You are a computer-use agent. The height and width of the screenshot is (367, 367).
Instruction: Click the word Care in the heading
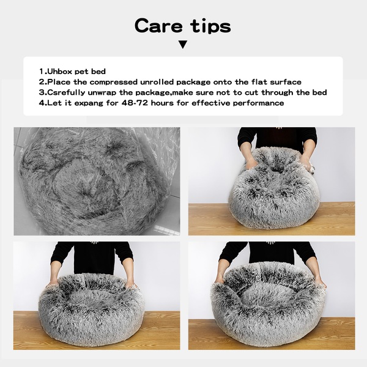[158, 26]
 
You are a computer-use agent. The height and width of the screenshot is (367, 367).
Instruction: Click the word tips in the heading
[210, 27]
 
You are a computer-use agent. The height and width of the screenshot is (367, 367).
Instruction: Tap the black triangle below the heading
[183, 45]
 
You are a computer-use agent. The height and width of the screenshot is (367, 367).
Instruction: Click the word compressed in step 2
[114, 82]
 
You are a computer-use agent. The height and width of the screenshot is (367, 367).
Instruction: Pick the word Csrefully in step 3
[67, 93]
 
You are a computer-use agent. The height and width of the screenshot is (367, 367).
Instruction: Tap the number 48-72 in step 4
[135, 103]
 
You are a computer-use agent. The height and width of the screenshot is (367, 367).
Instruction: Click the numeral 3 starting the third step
[42, 92]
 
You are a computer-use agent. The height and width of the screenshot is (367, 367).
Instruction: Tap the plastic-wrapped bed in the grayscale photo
[94, 182]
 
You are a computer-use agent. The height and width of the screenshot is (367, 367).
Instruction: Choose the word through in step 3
[277, 93]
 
